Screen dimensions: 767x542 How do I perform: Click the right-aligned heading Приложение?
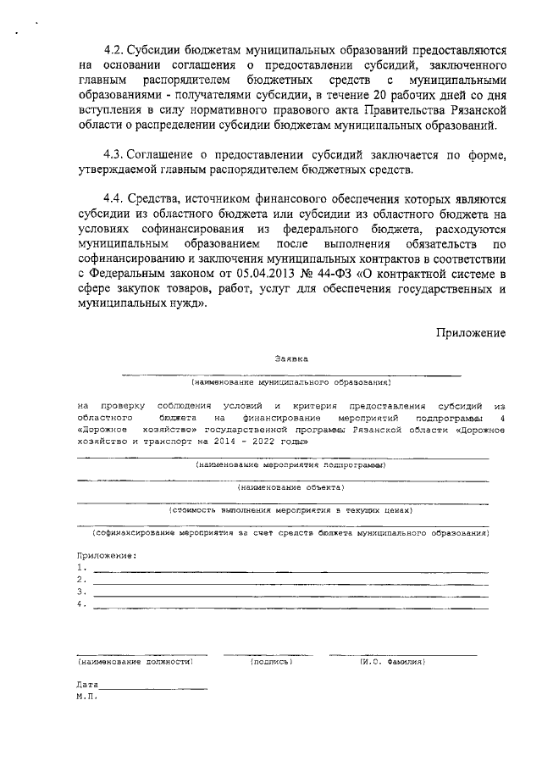click(472, 332)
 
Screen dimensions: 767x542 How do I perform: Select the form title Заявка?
click(291, 358)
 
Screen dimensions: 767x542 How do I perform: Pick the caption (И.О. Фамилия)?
click(392, 660)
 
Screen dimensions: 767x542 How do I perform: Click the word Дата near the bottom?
click(87, 684)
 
